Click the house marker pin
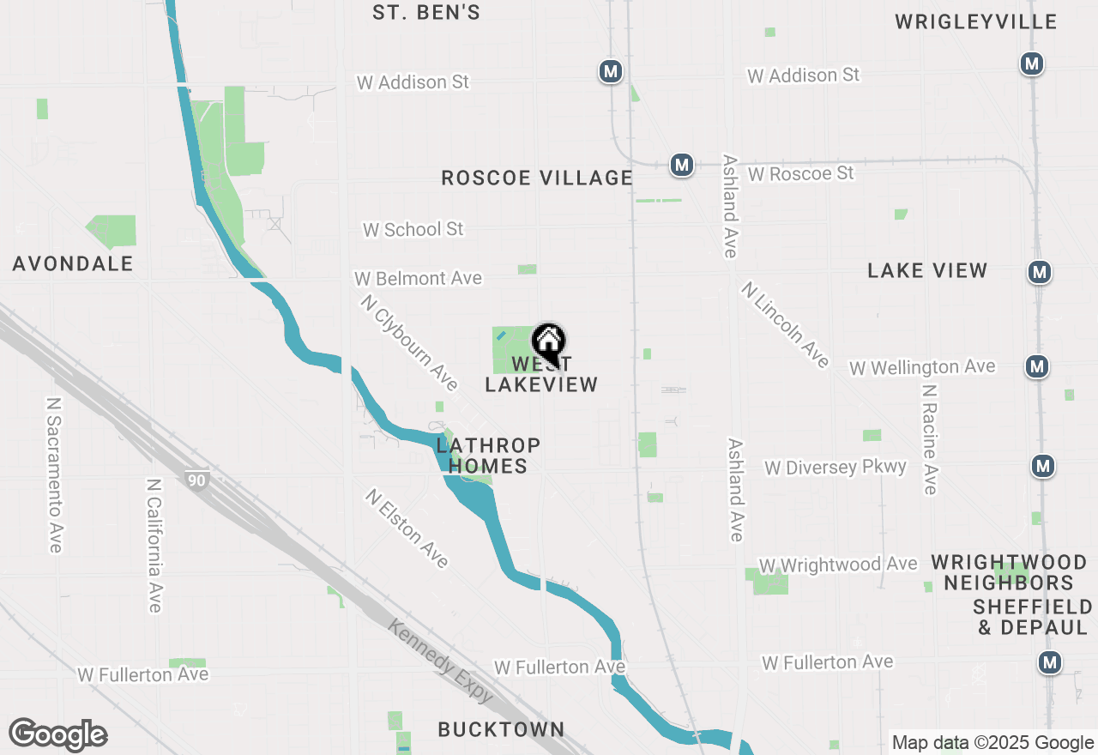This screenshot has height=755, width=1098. pos(548,343)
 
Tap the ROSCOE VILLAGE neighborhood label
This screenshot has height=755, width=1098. pos(537,178)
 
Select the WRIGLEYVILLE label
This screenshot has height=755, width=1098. pos(976,22)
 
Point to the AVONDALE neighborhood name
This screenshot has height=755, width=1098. pos(73,263)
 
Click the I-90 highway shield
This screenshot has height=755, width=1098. pos(197,480)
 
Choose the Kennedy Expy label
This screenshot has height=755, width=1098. pos(440,661)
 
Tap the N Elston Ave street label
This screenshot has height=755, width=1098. pos(407,528)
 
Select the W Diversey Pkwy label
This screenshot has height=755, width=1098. pos(836,468)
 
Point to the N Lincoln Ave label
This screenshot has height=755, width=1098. pos(786,324)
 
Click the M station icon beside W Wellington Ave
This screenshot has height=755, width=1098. pos(1037,366)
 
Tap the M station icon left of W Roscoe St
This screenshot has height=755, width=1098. pos(682,164)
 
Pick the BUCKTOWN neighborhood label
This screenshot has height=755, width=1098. pos(501,729)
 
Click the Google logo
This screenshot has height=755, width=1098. pos(57,735)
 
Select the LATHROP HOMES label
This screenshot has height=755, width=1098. pos(488,456)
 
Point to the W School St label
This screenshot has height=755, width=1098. pos(413,229)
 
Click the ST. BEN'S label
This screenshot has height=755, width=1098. pos(426,13)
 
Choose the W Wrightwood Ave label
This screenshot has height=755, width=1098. pos(838,565)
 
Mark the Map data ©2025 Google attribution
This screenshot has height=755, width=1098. pos(992,743)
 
